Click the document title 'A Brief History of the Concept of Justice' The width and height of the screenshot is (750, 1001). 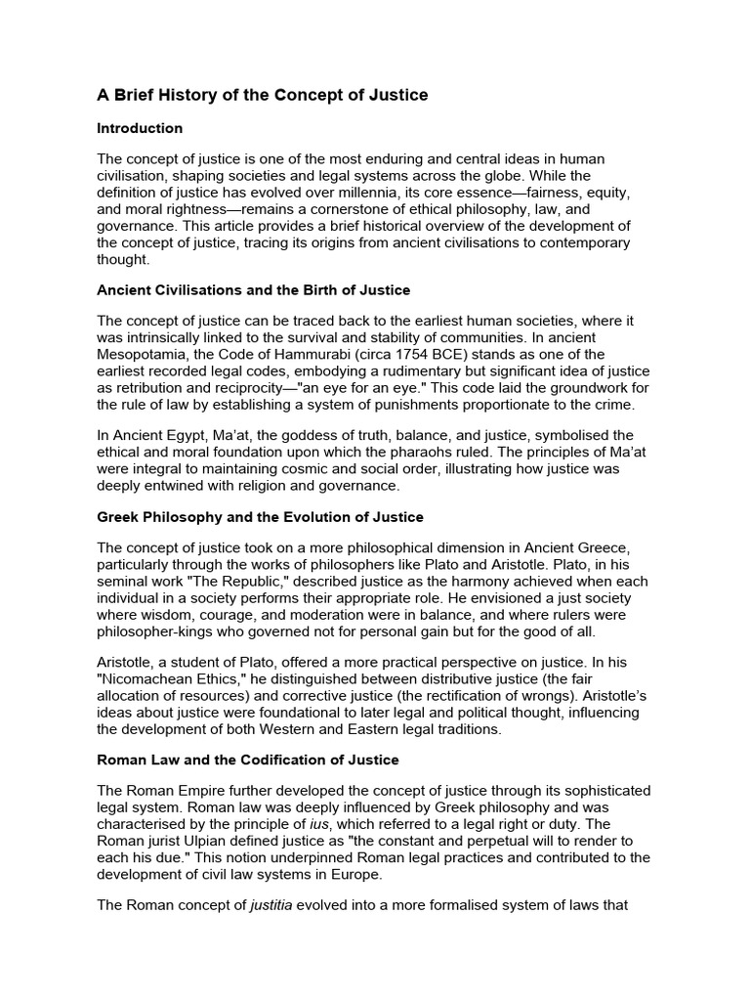[262, 95]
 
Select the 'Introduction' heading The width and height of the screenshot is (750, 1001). [140, 128]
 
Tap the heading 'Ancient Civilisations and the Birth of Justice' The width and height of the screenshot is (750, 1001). [253, 290]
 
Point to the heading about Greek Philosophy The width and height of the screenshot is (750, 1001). [259, 516]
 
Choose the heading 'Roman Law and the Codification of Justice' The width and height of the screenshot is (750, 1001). [248, 760]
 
